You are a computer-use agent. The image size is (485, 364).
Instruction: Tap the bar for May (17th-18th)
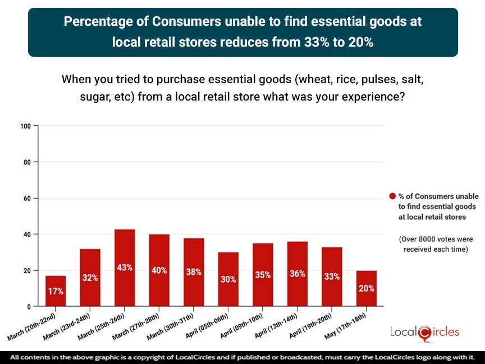(366, 288)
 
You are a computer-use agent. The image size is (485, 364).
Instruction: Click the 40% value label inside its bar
(159, 270)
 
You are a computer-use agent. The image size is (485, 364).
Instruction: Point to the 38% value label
(194, 272)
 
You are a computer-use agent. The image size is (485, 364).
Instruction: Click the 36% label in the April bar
(297, 274)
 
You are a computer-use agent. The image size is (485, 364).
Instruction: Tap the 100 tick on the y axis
(25, 126)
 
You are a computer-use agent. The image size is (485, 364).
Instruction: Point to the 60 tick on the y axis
(27, 198)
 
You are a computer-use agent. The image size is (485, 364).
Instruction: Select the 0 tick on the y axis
(29, 307)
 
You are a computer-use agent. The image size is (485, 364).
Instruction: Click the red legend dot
(393, 197)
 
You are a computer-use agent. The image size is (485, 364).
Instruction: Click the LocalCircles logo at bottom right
(424, 333)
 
